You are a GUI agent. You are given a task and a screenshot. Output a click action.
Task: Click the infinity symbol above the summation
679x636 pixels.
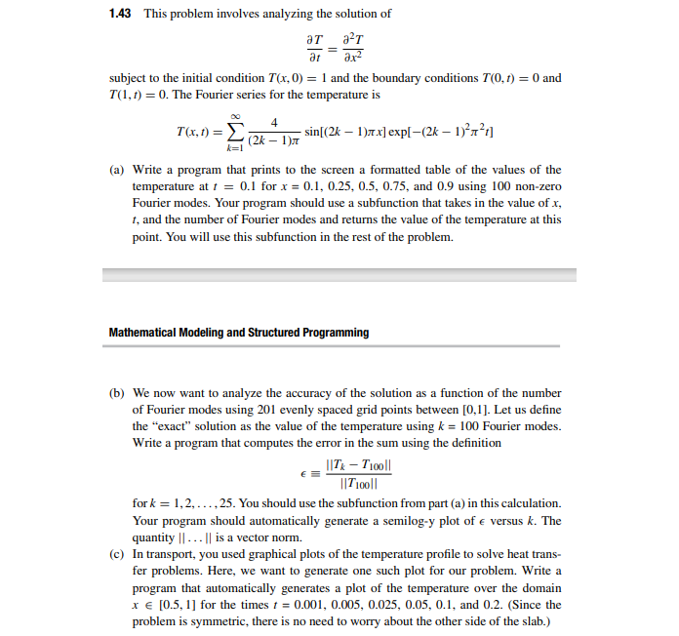[232, 112]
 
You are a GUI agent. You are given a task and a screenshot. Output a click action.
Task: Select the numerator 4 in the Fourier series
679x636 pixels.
[275, 122]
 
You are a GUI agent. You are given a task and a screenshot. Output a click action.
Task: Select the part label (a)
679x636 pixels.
[117, 170]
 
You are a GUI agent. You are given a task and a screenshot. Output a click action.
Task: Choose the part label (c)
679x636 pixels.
[117, 553]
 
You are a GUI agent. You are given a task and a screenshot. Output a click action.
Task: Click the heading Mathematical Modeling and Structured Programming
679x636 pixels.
[238, 333]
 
